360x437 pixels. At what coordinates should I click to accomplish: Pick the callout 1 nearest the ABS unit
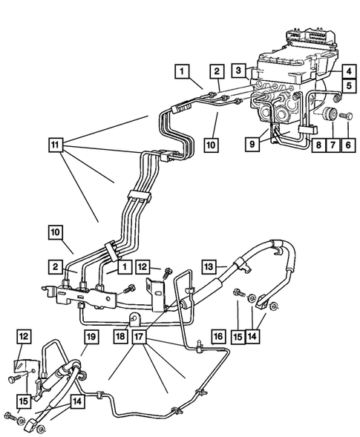[180, 71]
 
